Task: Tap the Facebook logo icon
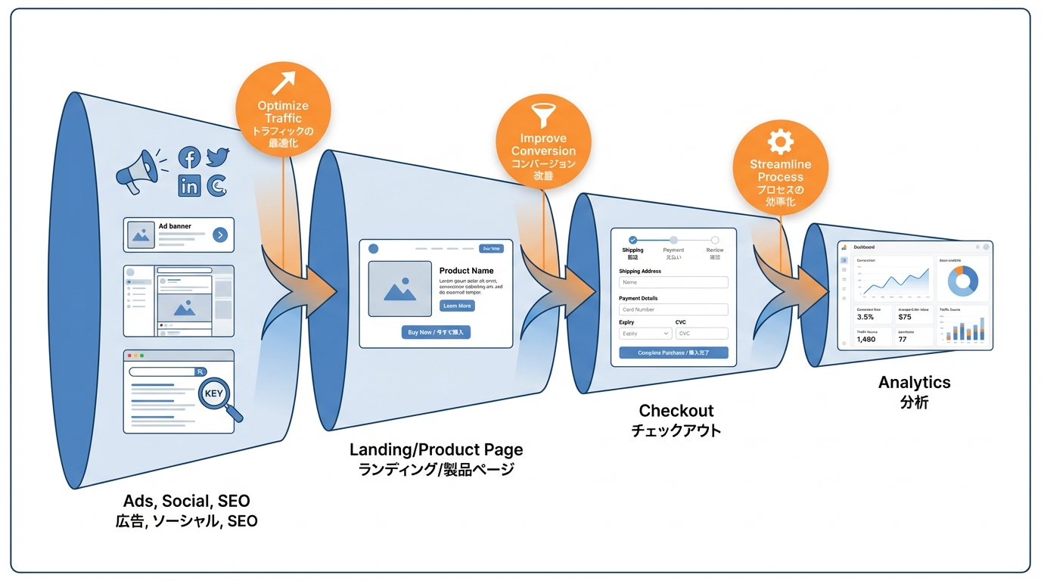(189, 158)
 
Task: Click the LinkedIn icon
(189, 185)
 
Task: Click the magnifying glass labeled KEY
(219, 395)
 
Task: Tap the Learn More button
(457, 306)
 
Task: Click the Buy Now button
(436, 332)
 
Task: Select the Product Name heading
(466, 271)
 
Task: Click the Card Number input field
(673, 309)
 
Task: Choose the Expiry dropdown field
(645, 334)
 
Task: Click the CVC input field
(701, 334)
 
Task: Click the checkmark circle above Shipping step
(633, 240)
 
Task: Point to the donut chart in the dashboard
(962, 281)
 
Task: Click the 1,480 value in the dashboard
(866, 340)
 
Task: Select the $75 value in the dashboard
(905, 317)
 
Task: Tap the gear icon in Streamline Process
(780, 141)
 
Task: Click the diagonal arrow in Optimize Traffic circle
(283, 82)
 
